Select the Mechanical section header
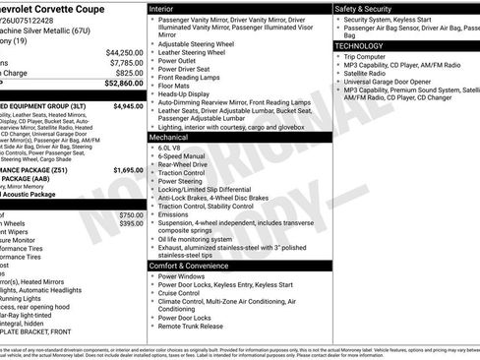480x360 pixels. (169, 138)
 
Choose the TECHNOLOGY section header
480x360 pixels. (359, 45)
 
